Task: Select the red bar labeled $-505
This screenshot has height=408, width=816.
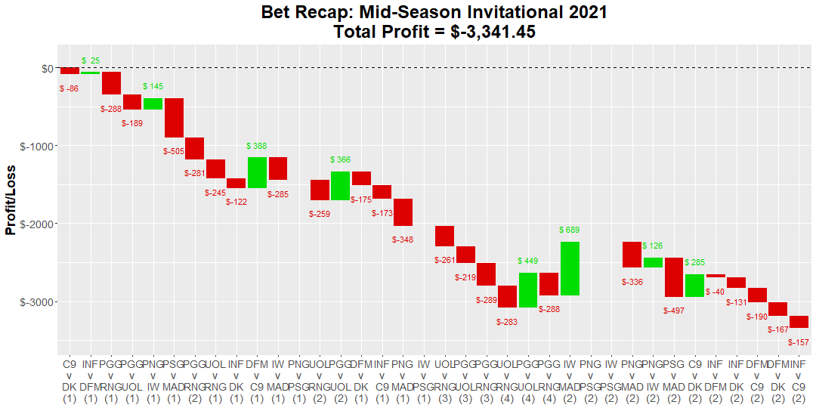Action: pos(175,118)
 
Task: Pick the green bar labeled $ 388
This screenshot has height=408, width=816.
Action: pos(257,172)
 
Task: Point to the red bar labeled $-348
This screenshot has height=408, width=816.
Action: pos(403,212)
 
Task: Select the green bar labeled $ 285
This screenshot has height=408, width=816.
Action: pos(694,286)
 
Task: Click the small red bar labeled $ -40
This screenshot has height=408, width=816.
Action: pos(716,276)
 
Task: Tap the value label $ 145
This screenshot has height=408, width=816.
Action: pos(153,87)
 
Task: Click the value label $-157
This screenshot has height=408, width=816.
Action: pos(798,342)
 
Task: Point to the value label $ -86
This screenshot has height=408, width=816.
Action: pos(69,88)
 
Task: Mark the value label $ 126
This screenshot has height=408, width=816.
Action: pos(653,246)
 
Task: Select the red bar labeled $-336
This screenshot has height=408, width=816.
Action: pos(632,255)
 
